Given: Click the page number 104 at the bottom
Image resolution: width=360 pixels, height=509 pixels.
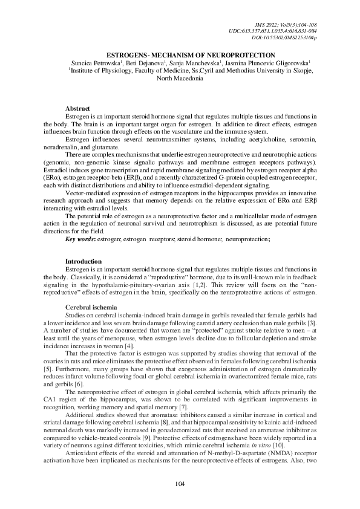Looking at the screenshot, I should point(180,483).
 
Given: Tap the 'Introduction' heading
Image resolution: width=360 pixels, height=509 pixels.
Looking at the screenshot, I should point(83,261).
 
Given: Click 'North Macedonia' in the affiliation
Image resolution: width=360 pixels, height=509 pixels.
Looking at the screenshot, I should point(180,79).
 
